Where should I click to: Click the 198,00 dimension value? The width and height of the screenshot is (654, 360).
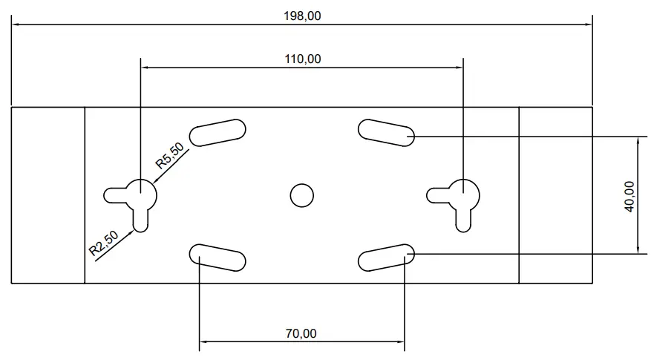click(302, 16)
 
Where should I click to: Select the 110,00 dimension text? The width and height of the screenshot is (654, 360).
click(303, 59)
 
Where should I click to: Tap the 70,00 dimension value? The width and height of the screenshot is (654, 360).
click(301, 334)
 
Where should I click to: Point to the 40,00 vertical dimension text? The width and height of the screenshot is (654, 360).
click(630, 196)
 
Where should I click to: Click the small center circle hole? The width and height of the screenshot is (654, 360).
click(301, 196)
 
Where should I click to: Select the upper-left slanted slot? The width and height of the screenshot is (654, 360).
click(218, 132)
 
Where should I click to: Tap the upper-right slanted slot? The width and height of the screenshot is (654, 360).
click(386, 132)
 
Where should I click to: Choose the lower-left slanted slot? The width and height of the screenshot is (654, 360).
click(218, 257)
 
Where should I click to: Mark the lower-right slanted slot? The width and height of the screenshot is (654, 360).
click(386, 257)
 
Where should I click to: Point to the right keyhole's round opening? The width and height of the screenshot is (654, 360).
click(465, 194)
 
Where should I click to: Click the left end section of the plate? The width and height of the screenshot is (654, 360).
click(48, 196)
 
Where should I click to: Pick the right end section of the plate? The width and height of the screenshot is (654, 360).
click(555, 196)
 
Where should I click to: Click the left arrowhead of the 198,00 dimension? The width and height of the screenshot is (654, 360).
click(15, 24)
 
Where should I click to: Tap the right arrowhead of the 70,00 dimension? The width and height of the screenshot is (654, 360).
click(402, 342)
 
